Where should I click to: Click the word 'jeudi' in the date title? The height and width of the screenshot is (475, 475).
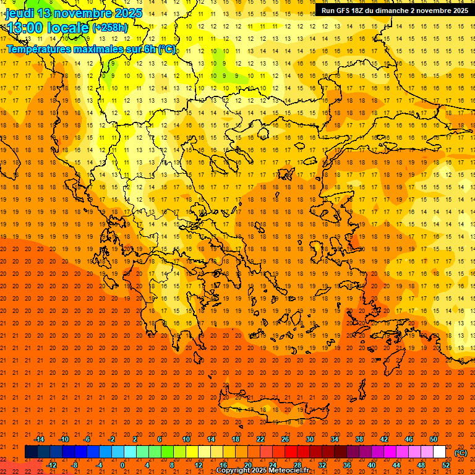(x=19, y=13)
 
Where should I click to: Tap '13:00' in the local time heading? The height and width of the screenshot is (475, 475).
(x=24, y=27)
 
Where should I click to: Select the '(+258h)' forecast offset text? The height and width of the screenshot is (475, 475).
(x=110, y=27)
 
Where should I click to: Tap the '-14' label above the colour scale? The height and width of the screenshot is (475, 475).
(x=39, y=439)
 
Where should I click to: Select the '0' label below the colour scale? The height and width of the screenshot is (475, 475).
(x=122, y=465)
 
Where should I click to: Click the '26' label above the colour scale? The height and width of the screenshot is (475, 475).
(x=285, y=439)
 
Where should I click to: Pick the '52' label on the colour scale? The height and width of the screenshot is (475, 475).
(x=446, y=465)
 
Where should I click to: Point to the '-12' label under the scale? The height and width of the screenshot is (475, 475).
(x=51, y=465)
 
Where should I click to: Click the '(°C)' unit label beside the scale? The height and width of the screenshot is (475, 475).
(x=461, y=453)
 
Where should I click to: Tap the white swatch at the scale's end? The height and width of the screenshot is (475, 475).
(x=440, y=452)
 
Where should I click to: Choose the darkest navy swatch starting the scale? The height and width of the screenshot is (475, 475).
(x=31, y=452)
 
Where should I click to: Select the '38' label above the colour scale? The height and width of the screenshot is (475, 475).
(x=359, y=439)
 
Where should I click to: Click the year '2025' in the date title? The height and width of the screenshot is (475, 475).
(x=127, y=13)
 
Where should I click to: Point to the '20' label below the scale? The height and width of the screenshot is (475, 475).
(x=248, y=465)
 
